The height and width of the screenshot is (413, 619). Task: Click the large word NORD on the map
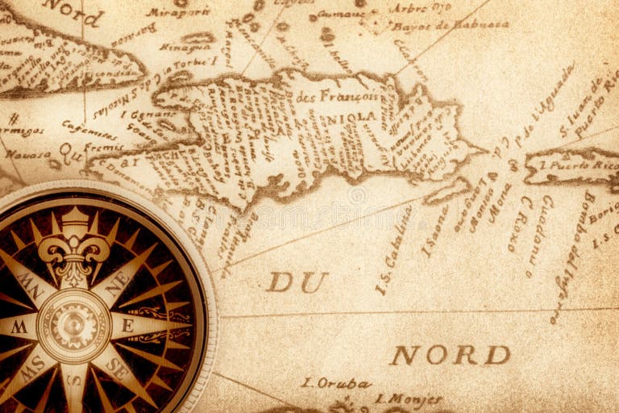coord(451,356)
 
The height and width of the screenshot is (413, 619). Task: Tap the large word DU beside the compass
coord(297,282)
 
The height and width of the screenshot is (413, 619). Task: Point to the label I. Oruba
coord(336,383)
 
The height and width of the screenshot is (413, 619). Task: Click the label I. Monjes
coord(409,399)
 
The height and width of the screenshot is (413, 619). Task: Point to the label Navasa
coord(28,153)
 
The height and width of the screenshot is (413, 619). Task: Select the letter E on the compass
coord(127,326)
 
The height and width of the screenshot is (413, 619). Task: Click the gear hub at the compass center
coord(73,326)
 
